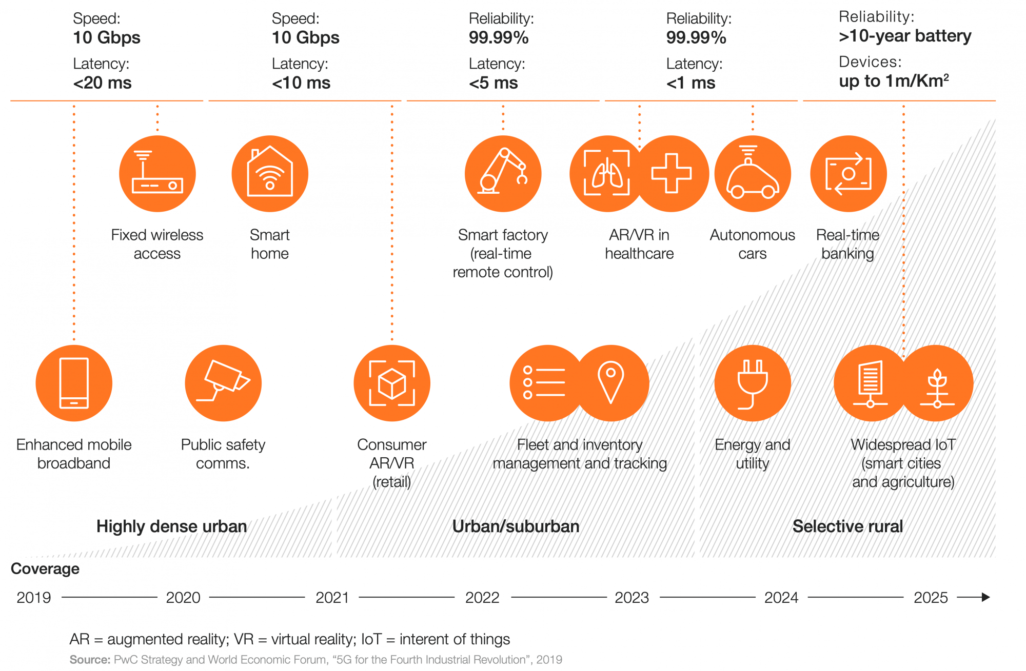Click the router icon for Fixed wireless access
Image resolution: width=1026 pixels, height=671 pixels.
click(x=157, y=174)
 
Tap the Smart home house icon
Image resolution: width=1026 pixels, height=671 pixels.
click(x=270, y=174)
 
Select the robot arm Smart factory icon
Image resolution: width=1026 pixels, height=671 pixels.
click(x=503, y=174)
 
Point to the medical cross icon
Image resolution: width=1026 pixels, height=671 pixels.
click(x=672, y=174)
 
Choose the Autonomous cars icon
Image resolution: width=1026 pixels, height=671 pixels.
click(x=753, y=174)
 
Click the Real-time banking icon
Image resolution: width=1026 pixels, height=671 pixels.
click(x=849, y=174)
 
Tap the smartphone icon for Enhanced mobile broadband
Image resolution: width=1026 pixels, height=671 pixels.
click(x=74, y=383)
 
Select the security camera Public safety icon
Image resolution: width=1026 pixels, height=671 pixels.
click(x=223, y=383)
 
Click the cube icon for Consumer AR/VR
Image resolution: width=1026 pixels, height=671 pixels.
click(x=392, y=383)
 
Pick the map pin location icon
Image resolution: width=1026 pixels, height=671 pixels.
click(x=611, y=383)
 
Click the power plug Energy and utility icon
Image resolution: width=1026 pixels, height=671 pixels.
click(x=753, y=383)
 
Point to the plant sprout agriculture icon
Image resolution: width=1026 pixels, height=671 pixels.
click(x=937, y=383)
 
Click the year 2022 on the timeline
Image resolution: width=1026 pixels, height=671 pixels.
click(x=482, y=598)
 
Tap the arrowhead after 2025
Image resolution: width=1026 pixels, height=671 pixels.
click(x=985, y=597)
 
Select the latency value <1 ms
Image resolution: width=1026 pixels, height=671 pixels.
click(x=690, y=83)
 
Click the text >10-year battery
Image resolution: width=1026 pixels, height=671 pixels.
click(x=905, y=36)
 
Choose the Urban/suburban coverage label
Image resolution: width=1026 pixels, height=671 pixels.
click(x=516, y=526)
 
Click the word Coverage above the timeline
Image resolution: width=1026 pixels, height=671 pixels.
click(x=45, y=569)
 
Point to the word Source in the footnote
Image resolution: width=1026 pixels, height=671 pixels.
click(x=90, y=660)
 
